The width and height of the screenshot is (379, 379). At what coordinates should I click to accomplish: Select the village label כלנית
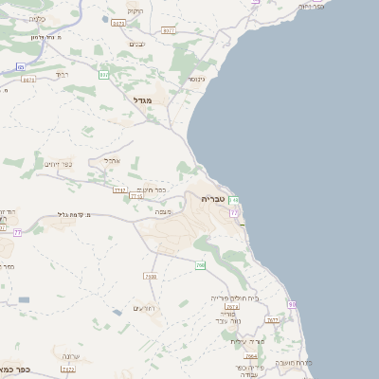coord(37,19)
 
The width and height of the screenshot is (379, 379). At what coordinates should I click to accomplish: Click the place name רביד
coord(62,73)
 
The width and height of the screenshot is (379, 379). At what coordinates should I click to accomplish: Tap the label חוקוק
coord(133,10)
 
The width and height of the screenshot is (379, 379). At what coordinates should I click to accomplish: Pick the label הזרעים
coord(143,308)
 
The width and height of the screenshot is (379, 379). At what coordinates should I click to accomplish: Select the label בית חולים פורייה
coord(235,298)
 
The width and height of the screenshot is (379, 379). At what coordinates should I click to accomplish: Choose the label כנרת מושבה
coord(293,363)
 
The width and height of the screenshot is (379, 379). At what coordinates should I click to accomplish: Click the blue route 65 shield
coord(20,66)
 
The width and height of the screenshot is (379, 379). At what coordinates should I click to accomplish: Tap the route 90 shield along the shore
coord(292,303)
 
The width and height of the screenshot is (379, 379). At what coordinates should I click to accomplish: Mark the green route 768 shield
coord(200,265)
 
